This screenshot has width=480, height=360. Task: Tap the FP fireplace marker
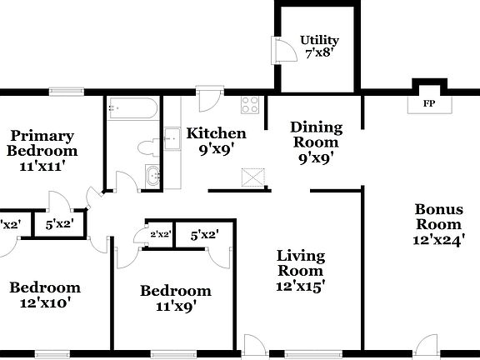point(429,104)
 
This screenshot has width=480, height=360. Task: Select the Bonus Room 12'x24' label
point(438,225)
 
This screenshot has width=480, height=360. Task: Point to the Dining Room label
point(316,142)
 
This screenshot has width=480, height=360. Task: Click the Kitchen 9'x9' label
point(216,141)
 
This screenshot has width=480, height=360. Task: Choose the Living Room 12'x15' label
point(301,270)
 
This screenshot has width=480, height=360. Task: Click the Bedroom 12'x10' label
point(46,295)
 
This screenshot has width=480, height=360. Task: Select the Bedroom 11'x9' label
point(175,297)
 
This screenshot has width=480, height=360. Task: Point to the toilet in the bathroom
point(147,148)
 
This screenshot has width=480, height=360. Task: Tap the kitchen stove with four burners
point(251,104)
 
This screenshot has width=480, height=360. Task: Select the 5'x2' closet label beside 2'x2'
point(204,235)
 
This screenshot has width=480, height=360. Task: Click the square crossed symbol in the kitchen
point(251,177)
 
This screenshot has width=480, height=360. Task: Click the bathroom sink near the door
point(152,176)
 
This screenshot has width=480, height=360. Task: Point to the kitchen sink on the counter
point(172,138)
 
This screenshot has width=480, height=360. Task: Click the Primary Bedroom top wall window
point(60,91)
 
